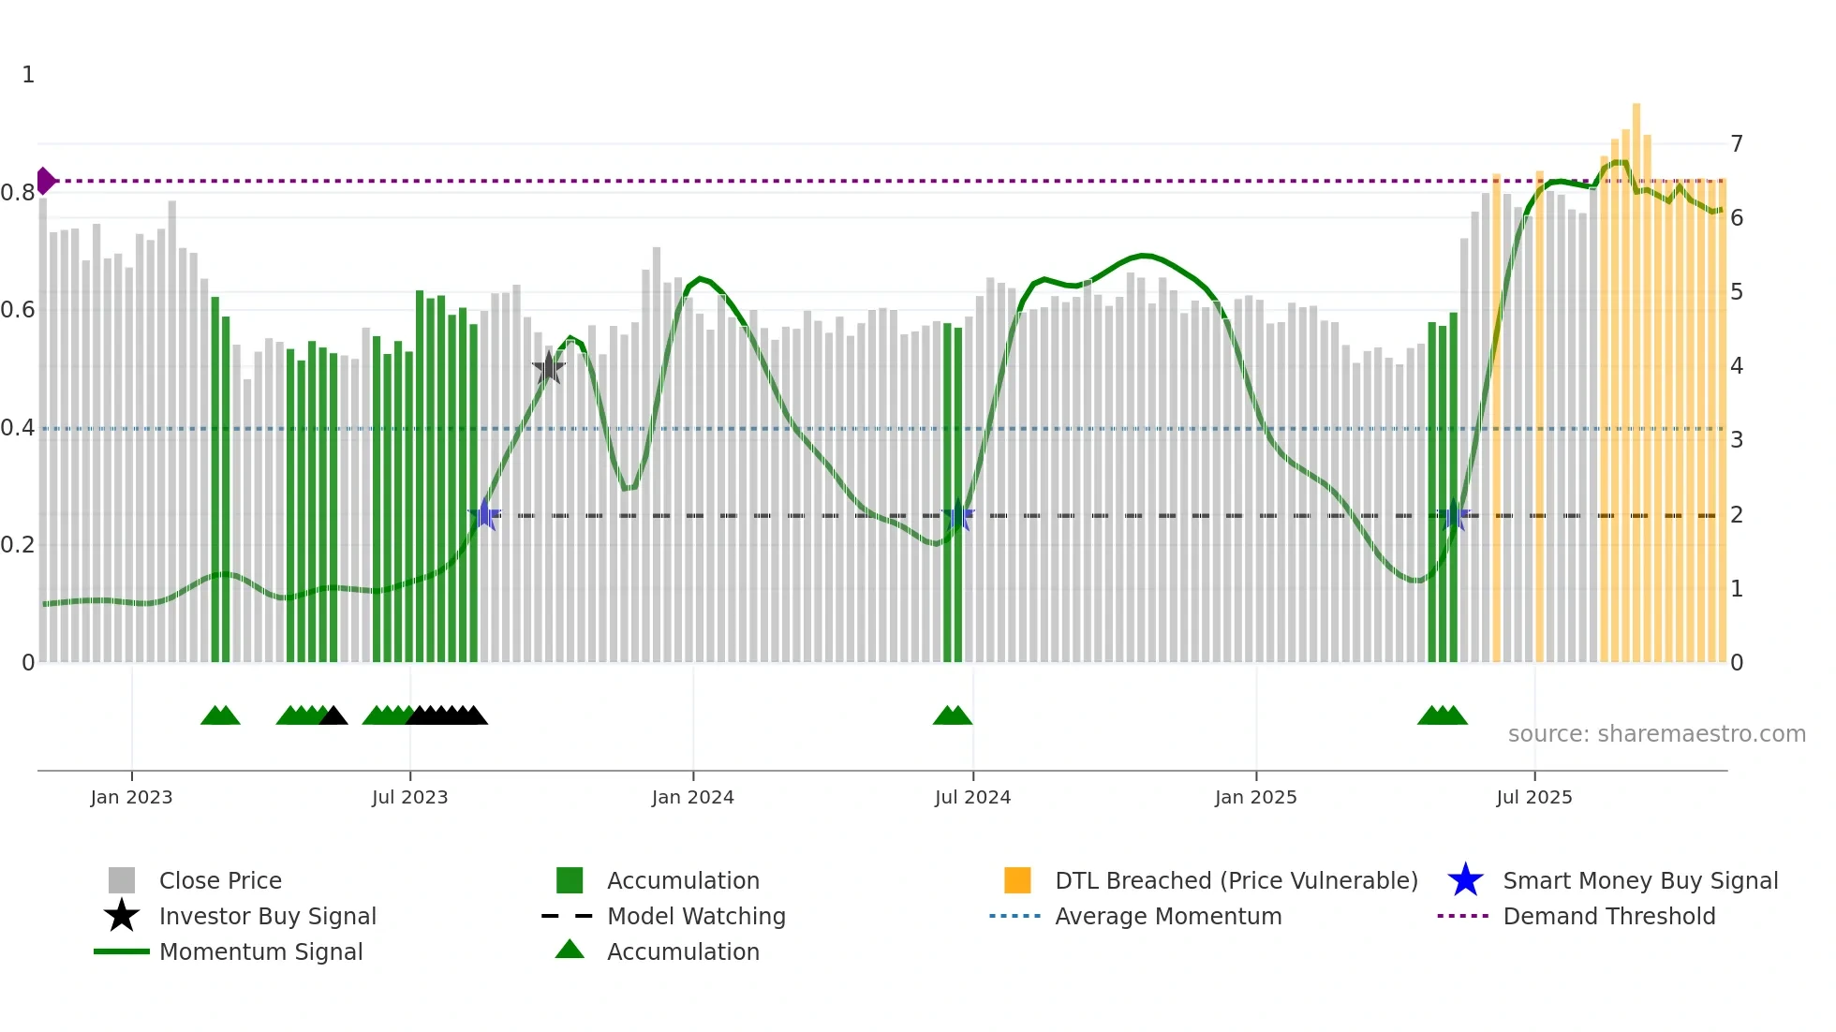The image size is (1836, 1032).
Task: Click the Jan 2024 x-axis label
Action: tap(692, 797)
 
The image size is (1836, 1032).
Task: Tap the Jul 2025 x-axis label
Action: tap(1533, 797)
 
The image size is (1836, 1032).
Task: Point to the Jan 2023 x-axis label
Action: tap(131, 797)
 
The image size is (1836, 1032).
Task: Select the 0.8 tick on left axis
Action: tap(18, 193)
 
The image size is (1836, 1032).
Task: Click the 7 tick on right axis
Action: tap(1737, 144)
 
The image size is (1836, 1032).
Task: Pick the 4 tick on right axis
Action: tap(1737, 366)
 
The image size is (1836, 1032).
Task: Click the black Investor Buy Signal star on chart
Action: tap(548, 368)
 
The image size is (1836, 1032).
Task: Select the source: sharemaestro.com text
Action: tap(1656, 734)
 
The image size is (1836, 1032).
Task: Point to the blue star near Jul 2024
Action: tap(957, 516)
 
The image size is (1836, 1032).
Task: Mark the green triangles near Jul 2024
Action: tap(953, 715)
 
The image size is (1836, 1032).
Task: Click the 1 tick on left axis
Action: tap(28, 75)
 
